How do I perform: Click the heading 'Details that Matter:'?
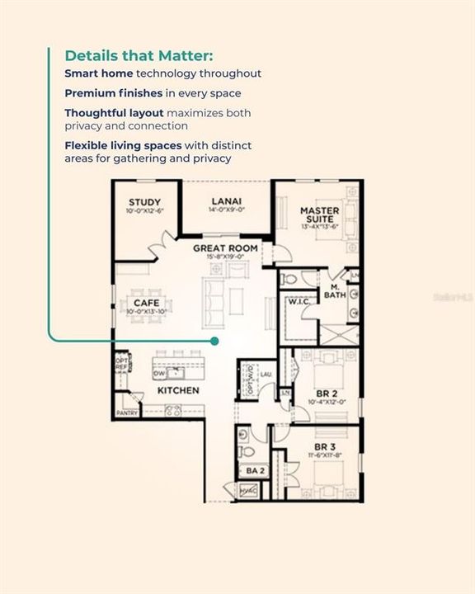tap(139, 56)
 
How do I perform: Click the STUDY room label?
tap(144, 202)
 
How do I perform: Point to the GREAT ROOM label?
tap(225, 247)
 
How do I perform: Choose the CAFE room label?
tap(140, 304)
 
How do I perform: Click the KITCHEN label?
tap(178, 389)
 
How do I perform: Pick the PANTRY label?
tap(127, 412)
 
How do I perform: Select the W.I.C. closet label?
tap(298, 301)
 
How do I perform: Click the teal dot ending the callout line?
tap(214, 340)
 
